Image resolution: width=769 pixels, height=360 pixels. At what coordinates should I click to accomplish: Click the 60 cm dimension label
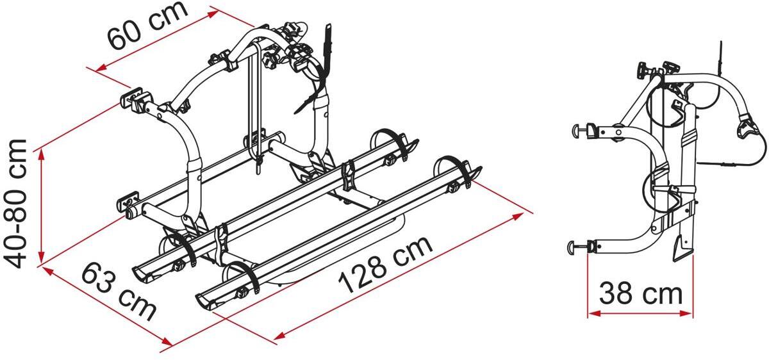coord(148,26)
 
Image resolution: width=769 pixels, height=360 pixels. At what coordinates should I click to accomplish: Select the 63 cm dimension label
coord(119,291)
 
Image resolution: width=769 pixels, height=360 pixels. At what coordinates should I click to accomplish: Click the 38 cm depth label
coord(641,293)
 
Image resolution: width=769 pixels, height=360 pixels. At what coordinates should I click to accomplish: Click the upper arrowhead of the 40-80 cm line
coord(42,153)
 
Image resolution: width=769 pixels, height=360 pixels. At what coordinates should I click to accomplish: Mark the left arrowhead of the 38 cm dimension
coord(593,313)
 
